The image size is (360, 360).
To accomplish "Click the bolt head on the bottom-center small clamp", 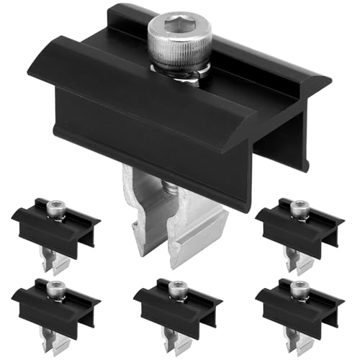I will (x=174, y=289).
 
